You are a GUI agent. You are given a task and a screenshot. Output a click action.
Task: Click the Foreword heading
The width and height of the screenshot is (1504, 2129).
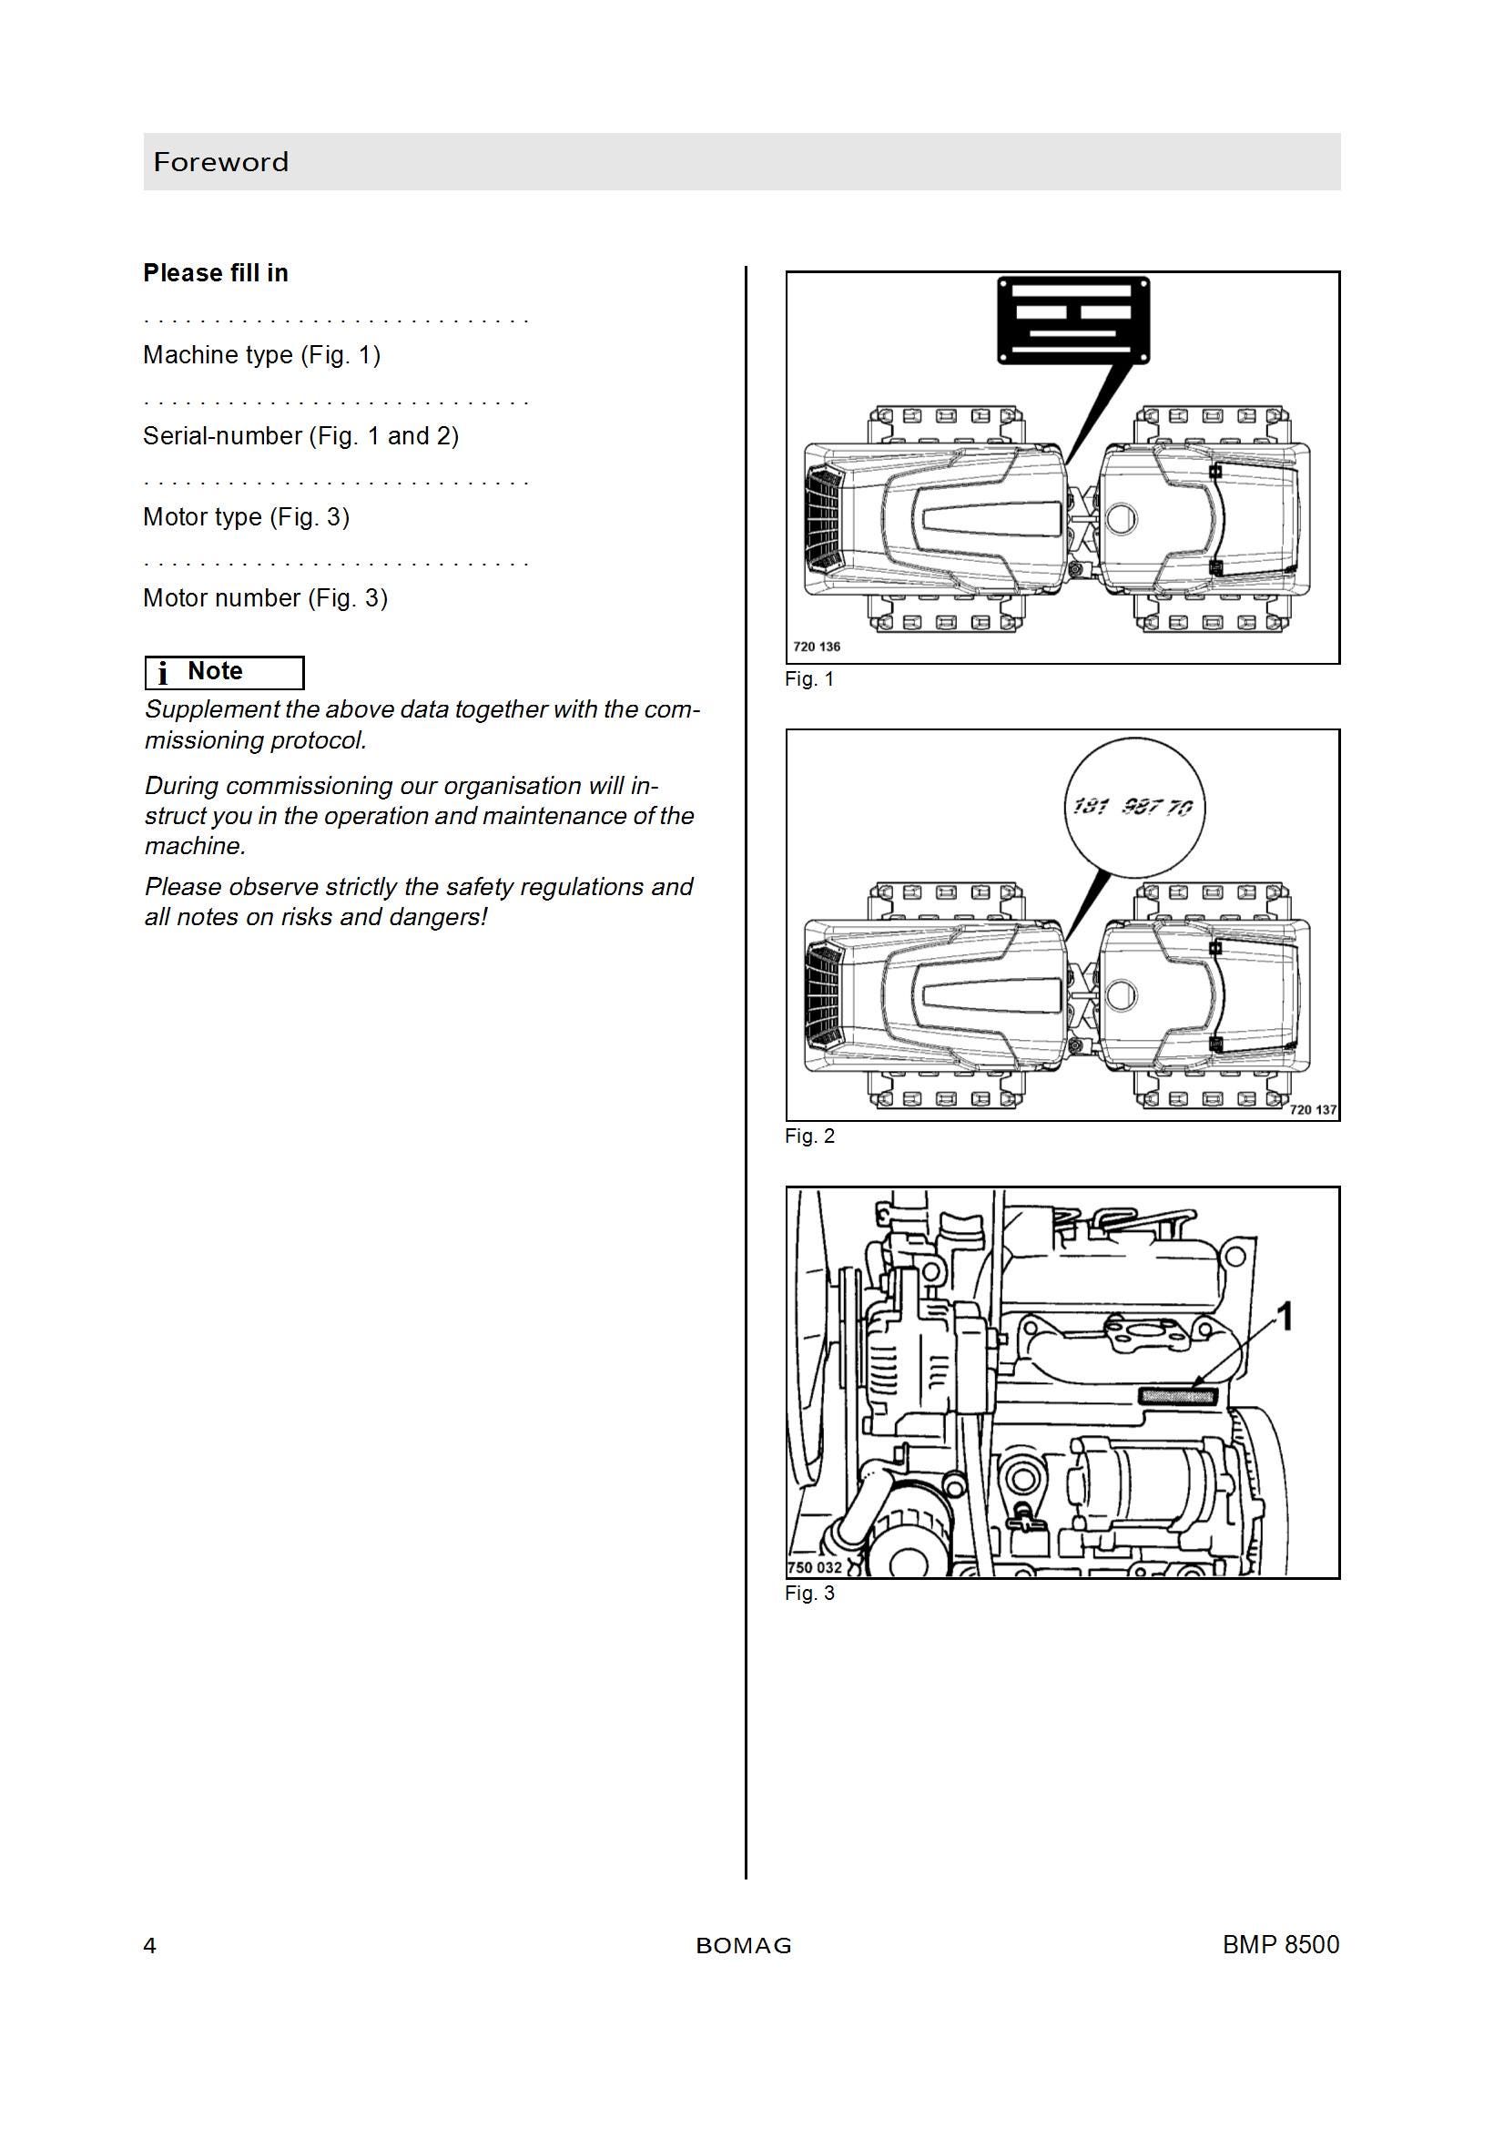220,162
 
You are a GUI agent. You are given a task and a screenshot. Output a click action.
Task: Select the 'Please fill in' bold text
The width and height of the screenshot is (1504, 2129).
215,272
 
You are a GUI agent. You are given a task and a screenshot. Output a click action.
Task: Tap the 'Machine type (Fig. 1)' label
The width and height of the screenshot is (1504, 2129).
261,355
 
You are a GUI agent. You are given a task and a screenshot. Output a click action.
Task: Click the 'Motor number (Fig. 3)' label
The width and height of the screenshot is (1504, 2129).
265,598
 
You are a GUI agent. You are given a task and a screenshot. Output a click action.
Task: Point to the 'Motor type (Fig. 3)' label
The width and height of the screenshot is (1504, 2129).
246,517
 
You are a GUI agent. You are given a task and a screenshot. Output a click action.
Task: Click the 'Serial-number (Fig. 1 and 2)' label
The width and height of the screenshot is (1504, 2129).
300,436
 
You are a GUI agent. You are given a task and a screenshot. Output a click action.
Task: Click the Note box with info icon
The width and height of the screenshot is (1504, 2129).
224,672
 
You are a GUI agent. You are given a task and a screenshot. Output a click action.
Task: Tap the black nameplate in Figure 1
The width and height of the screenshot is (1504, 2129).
1073,320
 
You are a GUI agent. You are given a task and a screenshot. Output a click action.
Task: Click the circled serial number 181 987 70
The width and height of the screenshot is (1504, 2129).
1133,807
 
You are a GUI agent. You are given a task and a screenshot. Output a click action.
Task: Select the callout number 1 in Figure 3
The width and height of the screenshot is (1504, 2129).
1286,1316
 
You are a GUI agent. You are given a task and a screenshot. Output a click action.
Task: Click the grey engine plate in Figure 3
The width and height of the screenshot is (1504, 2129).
1176,1395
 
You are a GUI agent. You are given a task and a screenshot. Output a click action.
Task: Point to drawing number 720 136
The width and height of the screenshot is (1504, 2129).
817,647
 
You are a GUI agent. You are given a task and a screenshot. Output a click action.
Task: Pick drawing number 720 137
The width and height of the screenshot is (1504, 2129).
1313,1109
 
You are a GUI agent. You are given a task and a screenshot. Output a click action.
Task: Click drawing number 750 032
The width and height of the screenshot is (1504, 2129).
815,1567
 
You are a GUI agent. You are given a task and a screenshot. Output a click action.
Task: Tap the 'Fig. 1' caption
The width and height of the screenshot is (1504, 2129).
809,678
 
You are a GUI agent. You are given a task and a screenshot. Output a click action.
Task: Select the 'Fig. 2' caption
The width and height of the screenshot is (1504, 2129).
809,1136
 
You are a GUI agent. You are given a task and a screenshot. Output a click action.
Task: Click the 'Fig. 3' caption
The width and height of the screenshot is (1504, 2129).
809,1593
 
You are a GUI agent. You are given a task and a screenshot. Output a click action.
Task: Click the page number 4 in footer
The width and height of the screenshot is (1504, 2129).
150,1945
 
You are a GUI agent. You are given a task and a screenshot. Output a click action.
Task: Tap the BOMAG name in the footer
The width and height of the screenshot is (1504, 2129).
744,1946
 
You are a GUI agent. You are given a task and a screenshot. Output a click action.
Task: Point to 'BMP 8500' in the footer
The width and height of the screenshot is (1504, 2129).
1281,1944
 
